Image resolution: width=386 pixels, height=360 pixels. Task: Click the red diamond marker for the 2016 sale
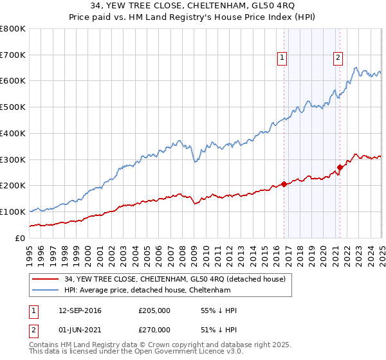click(284, 184)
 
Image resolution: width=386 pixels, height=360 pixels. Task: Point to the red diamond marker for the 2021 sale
click(340, 168)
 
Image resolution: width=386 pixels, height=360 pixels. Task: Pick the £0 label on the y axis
click(20, 238)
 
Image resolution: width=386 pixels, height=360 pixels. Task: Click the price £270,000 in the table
click(154, 330)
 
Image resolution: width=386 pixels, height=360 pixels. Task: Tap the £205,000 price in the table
click(154, 310)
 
